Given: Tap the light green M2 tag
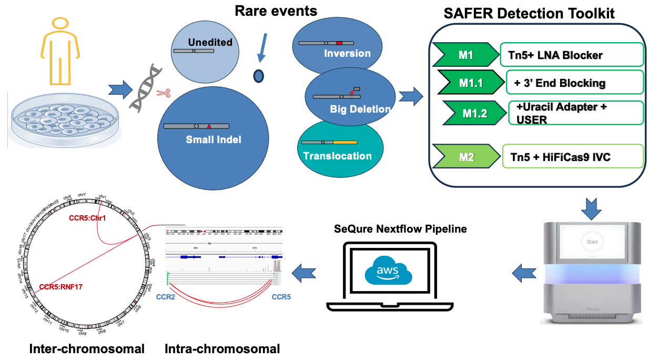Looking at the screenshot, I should (x=465, y=156).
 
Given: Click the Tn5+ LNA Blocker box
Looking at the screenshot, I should (x=572, y=55).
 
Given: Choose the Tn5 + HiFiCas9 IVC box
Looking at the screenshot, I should (x=573, y=156).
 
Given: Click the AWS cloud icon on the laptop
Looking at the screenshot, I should (x=389, y=272).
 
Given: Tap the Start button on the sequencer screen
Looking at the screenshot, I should (x=592, y=242).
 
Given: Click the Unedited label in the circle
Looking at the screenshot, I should (x=210, y=42).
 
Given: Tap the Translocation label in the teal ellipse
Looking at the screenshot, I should (x=338, y=156).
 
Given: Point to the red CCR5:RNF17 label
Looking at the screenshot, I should (x=60, y=287).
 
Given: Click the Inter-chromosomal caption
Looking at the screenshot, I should (x=87, y=348).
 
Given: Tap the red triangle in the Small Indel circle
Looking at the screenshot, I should (x=209, y=126).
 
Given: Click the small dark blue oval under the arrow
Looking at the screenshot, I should (x=258, y=76).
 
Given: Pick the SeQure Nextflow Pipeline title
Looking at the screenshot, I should (x=400, y=229).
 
